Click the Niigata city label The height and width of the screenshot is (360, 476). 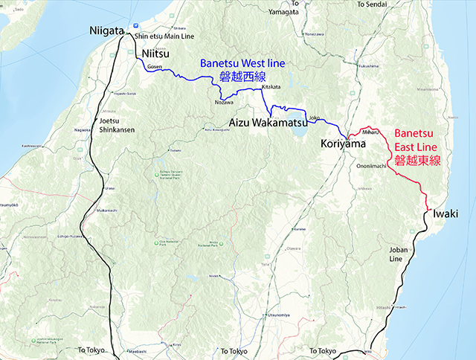click(x=107, y=30)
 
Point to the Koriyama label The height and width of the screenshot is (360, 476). click(x=344, y=142)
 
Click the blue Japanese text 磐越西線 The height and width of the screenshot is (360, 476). click(x=243, y=77)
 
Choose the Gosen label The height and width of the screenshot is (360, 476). click(x=155, y=67)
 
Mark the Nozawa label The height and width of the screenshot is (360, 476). click(x=223, y=102)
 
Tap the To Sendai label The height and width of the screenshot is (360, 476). click(x=373, y=4)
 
